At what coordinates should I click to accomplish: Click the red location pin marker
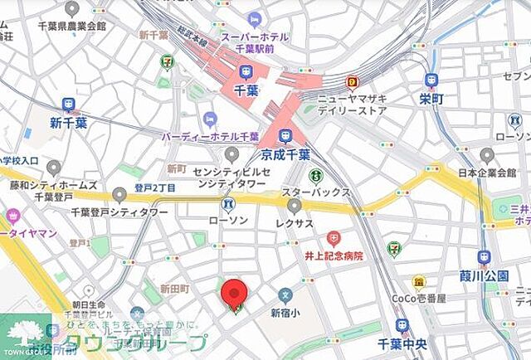234,294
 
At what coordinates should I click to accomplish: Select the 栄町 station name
430,99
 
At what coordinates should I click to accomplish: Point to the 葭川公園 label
483,275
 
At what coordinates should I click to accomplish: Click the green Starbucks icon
316,176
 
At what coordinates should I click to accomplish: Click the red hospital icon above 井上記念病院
334,238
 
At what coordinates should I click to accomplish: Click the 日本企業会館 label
487,173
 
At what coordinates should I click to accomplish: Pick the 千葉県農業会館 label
62,26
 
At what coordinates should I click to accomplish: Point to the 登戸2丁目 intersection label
154,188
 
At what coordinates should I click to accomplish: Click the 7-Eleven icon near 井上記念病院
393,247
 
